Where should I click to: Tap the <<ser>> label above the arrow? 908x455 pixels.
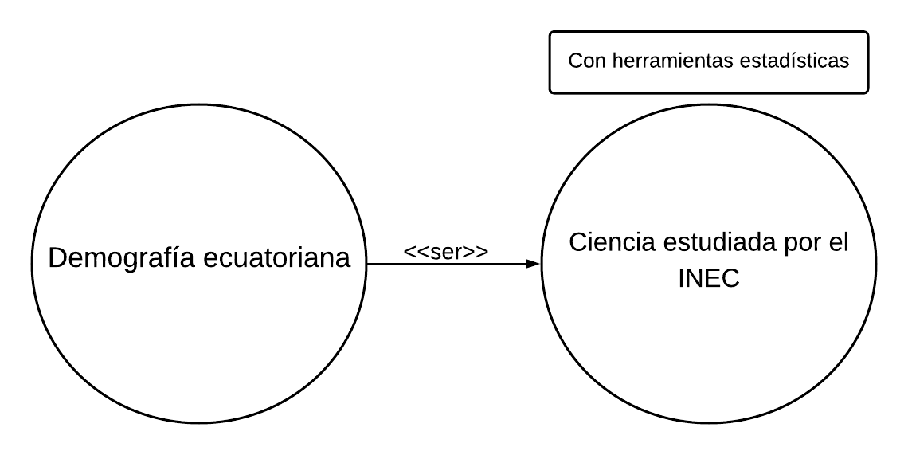click(446, 251)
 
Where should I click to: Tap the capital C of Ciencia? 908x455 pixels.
click(577, 243)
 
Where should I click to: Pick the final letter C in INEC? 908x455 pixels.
click(732, 280)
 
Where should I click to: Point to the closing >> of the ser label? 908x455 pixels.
click(477, 252)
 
